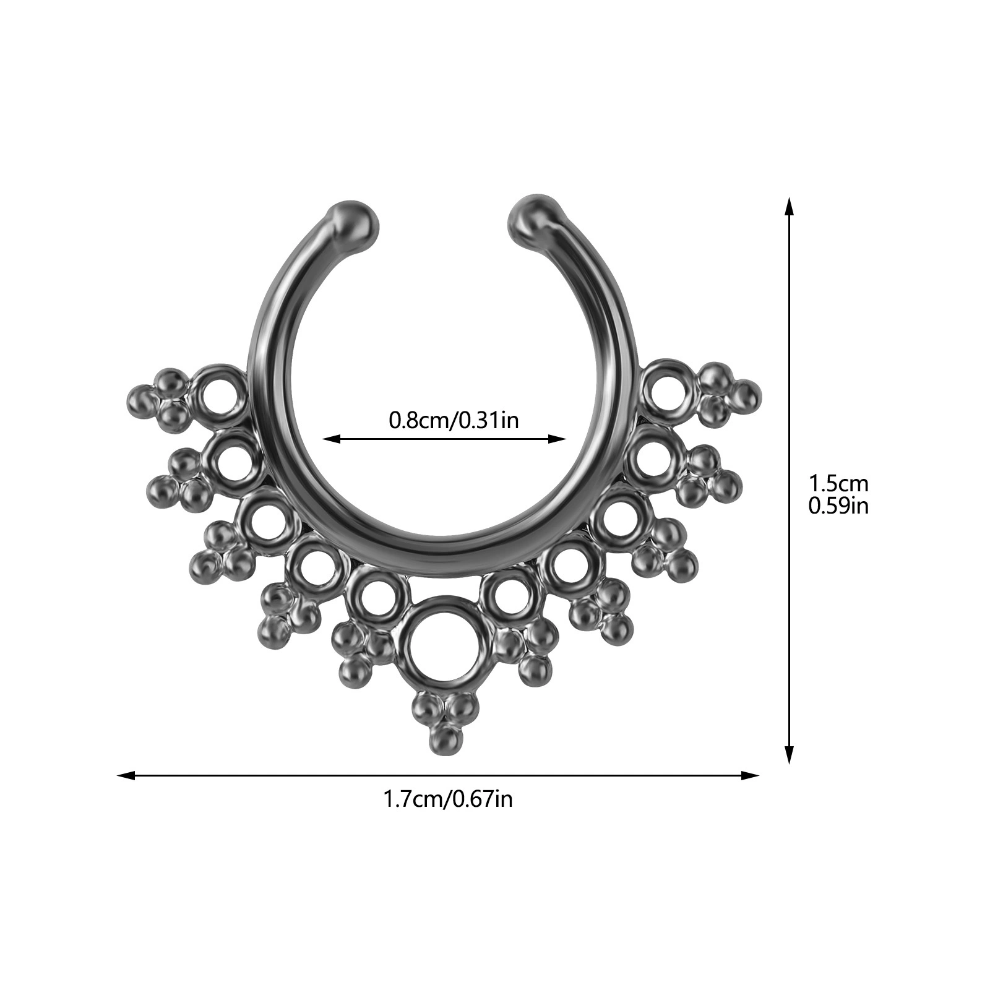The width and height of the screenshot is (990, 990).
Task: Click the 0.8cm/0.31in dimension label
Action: pyautogui.click(x=454, y=420)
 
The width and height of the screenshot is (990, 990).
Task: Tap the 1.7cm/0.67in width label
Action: pyautogui.click(x=448, y=799)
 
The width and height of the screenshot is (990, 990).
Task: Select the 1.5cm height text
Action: pyautogui.click(x=839, y=482)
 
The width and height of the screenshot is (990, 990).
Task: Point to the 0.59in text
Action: pyautogui.click(x=839, y=506)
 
